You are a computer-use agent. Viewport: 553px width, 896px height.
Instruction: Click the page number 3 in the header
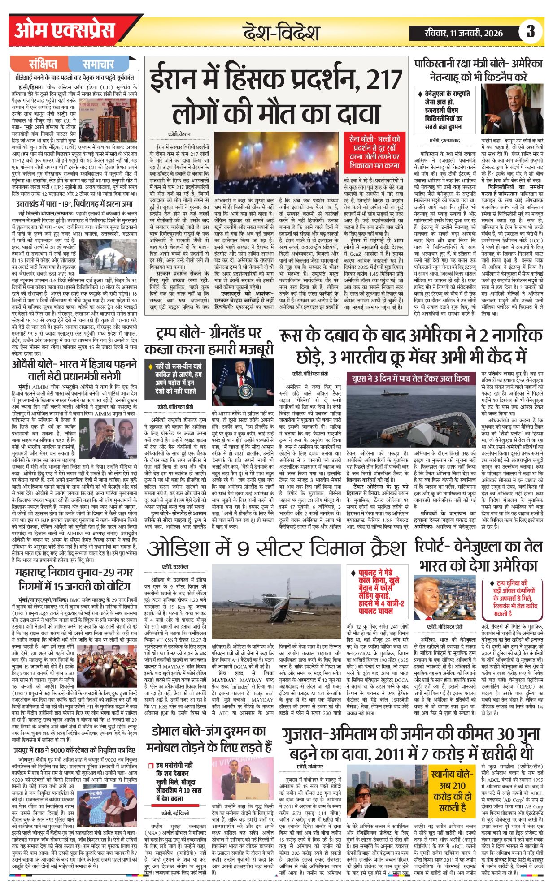531,32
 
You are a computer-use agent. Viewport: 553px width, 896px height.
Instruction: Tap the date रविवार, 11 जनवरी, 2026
462,32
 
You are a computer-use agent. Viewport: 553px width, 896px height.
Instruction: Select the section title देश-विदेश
281,33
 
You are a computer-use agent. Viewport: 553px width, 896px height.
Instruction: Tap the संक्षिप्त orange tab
43,64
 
